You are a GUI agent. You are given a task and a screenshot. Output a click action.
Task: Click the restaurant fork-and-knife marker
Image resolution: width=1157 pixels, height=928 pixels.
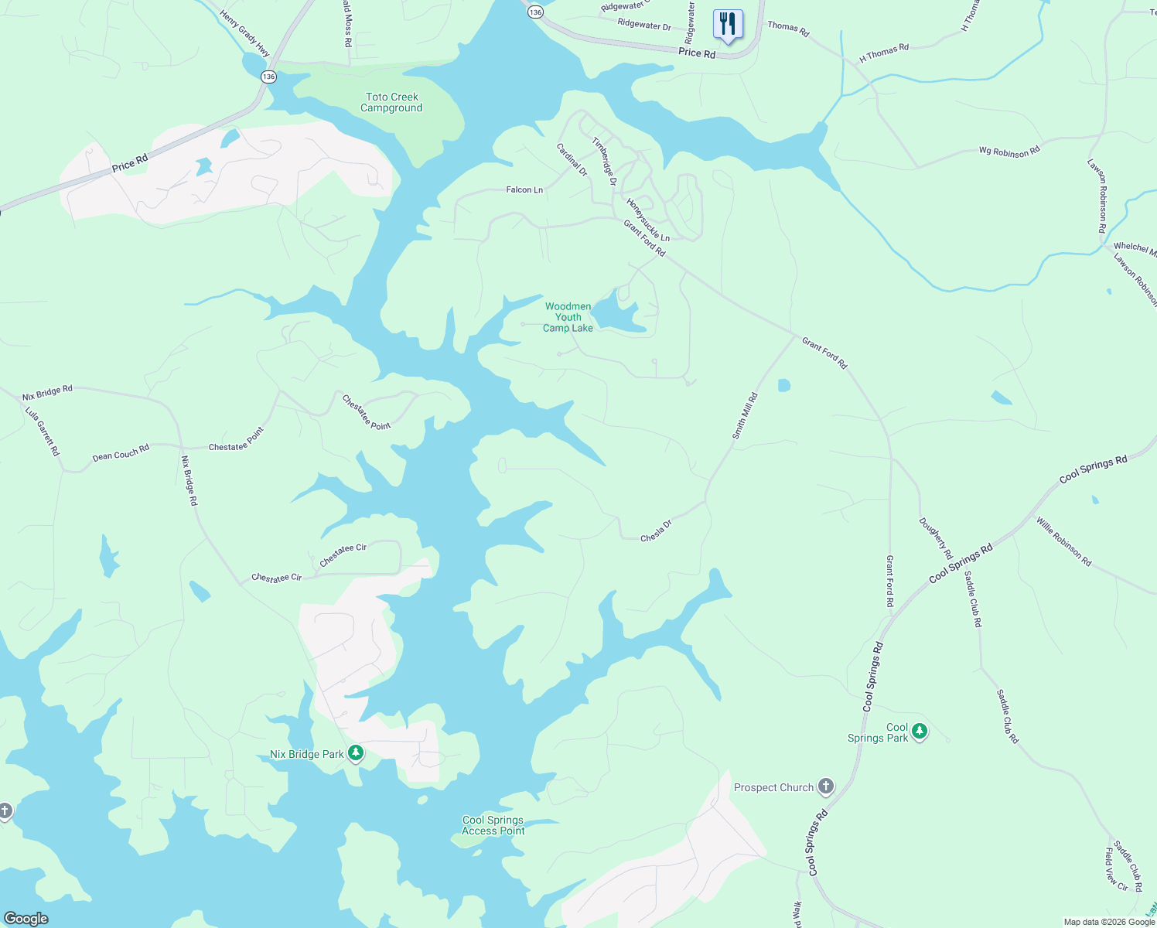pos(727,24)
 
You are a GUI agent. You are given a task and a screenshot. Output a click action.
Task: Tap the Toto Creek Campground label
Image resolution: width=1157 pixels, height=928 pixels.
pos(392,102)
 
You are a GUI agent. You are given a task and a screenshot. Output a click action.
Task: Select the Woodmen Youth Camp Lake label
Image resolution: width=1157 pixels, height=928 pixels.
pos(568,317)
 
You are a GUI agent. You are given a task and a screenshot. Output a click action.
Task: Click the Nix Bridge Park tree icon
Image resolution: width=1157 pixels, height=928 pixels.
pos(356,752)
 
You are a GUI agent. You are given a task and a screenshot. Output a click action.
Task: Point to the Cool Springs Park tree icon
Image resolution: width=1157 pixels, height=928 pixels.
pos(919,731)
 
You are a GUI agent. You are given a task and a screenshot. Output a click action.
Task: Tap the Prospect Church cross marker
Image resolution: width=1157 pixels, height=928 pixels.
pos(826,787)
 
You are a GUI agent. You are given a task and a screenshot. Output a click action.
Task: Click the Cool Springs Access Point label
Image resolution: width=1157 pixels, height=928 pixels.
pos(493,826)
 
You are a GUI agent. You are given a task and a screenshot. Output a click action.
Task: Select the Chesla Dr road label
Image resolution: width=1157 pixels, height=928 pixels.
pos(656,531)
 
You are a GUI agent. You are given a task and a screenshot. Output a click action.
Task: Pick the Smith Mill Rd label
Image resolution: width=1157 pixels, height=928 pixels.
pos(745,416)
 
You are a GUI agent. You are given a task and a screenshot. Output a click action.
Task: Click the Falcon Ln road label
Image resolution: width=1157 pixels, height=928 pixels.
pos(524,189)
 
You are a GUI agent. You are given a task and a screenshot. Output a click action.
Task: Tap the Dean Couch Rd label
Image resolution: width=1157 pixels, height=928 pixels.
pos(121,452)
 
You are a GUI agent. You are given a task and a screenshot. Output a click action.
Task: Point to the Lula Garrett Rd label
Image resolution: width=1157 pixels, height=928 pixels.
pos(43,431)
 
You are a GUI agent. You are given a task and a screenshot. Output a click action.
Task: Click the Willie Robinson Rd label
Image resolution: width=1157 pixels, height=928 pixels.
pos(1064,541)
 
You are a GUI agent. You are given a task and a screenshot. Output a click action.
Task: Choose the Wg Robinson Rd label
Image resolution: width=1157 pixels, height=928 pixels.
pos(1009,151)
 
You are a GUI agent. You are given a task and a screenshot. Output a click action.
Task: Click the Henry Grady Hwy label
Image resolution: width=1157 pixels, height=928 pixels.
pos(245,33)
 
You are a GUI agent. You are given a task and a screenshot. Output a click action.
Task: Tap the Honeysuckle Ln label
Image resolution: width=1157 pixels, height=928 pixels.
pos(648,220)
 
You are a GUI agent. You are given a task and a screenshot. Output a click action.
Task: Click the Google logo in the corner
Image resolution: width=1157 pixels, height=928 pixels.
pos(26,919)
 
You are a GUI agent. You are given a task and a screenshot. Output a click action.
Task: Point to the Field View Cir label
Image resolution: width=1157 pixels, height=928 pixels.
pos(1116,868)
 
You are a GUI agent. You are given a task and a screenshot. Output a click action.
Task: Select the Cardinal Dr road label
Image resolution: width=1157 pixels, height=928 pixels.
pos(572,159)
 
